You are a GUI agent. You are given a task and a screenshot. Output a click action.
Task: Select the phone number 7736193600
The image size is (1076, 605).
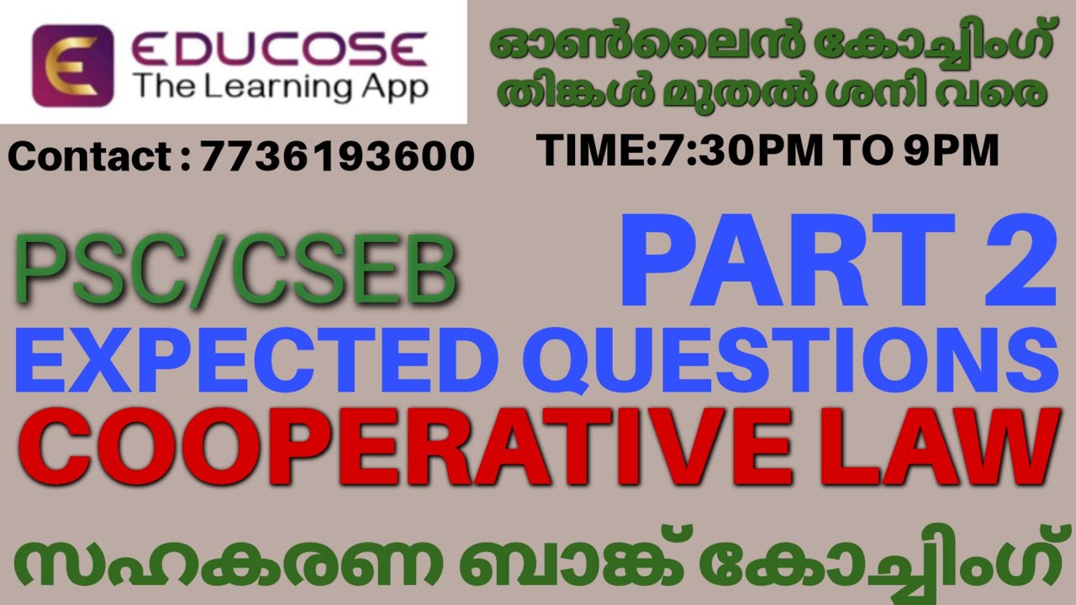pos(337,156)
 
